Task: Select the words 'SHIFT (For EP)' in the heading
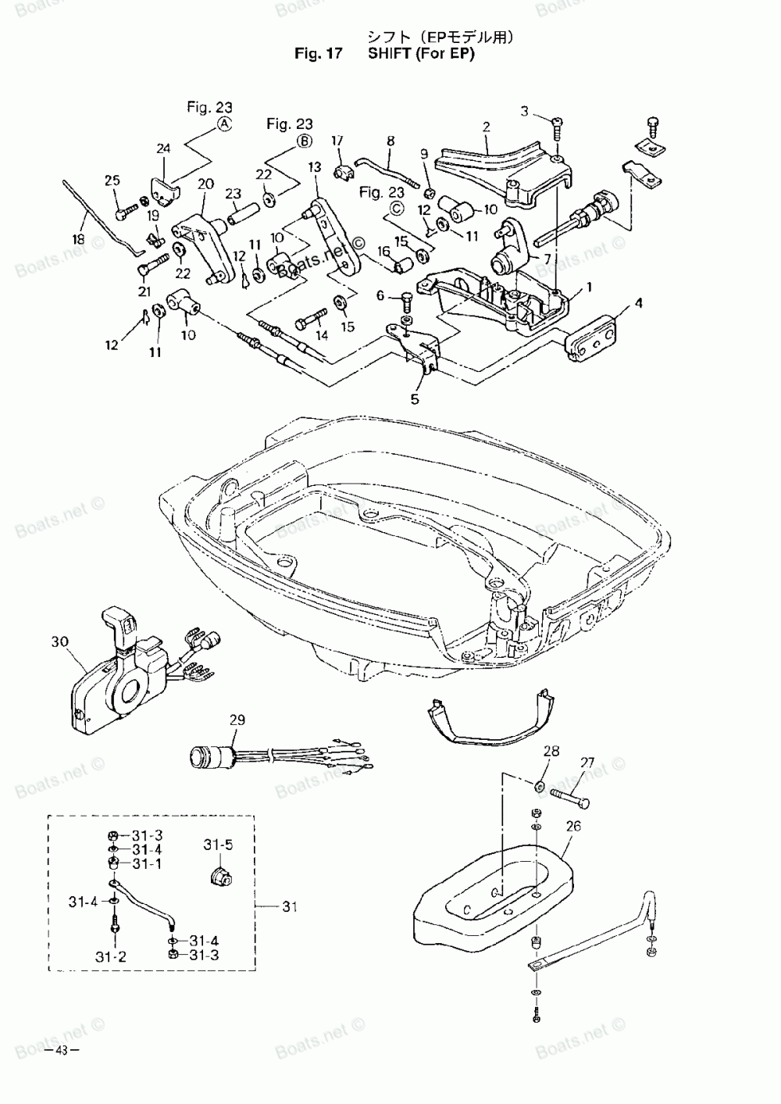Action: (x=421, y=55)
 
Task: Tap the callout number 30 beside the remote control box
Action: (x=60, y=642)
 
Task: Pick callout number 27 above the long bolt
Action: (x=587, y=764)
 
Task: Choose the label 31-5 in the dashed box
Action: (x=219, y=845)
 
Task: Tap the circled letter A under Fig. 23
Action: (x=224, y=125)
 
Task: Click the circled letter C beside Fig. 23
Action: (x=395, y=208)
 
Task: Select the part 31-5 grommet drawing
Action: (x=223, y=874)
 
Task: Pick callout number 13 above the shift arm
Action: (x=315, y=167)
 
